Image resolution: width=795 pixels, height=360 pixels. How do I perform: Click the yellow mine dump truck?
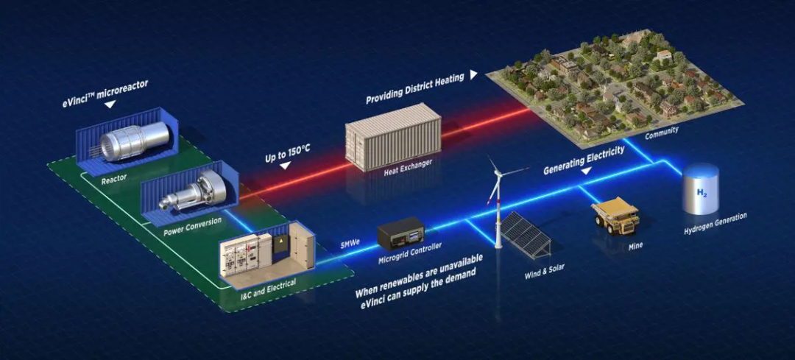click(x=616, y=214)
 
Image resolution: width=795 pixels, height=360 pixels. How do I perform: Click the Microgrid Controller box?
click(x=401, y=235)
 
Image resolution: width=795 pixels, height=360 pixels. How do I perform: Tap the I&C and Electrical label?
click(x=267, y=283)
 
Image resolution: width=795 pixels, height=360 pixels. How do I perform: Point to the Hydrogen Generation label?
click(x=715, y=222)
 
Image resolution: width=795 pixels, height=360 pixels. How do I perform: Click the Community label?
click(x=661, y=131)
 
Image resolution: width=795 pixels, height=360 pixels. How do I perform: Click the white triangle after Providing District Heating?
click(x=473, y=74)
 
